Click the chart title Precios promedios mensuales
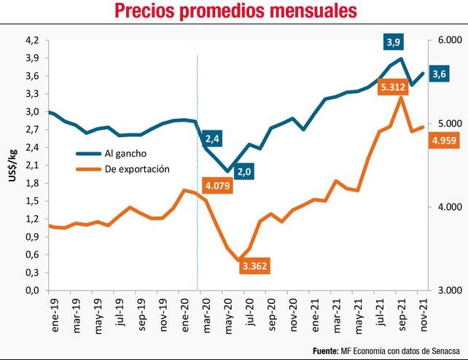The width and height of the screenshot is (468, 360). pyautogui.click(x=235, y=12)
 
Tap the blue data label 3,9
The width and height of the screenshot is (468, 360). pyautogui.click(x=394, y=42)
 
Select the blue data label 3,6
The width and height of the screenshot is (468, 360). pyautogui.click(x=440, y=74)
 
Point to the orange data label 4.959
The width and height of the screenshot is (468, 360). pyautogui.click(x=444, y=141)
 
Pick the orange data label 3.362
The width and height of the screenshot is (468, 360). pyautogui.click(x=254, y=266)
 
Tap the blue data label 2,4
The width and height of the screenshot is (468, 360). pyautogui.click(x=213, y=138)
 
